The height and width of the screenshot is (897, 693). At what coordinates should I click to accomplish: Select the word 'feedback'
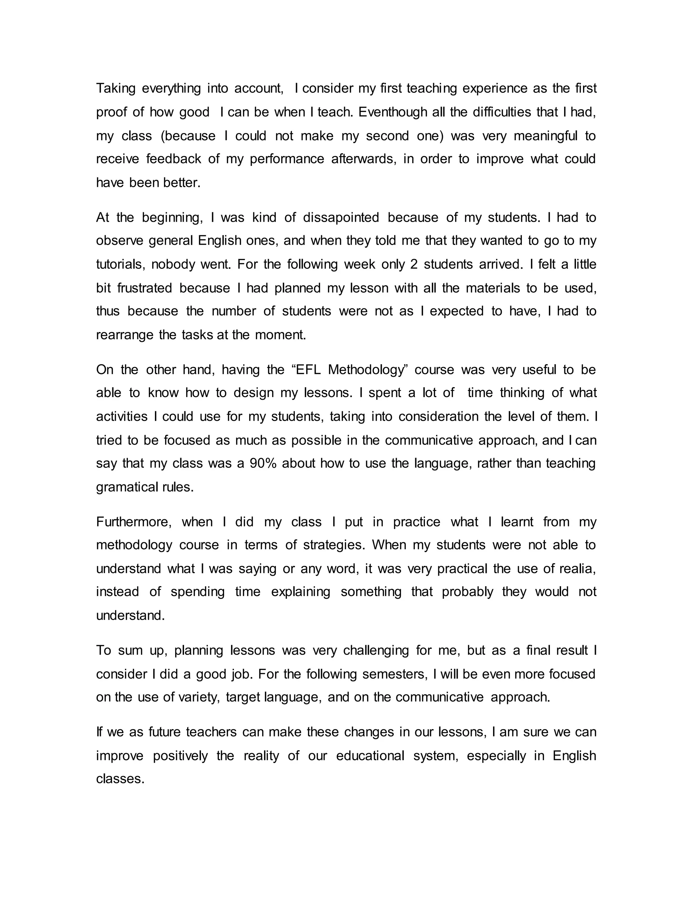pyautogui.click(x=174, y=159)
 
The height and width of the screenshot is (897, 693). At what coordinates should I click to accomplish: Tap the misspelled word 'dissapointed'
pyautogui.click(x=341, y=217)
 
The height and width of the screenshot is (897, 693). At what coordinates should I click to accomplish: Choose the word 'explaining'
pyautogui.click(x=300, y=592)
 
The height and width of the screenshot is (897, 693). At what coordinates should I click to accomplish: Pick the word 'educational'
pyautogui.click(x=370, y=756)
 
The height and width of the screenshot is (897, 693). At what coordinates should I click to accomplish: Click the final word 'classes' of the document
pyautogui.click(x=120, y=779)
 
